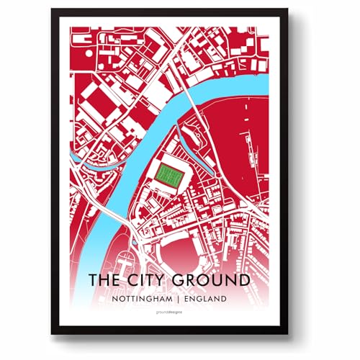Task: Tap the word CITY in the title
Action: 149,279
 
